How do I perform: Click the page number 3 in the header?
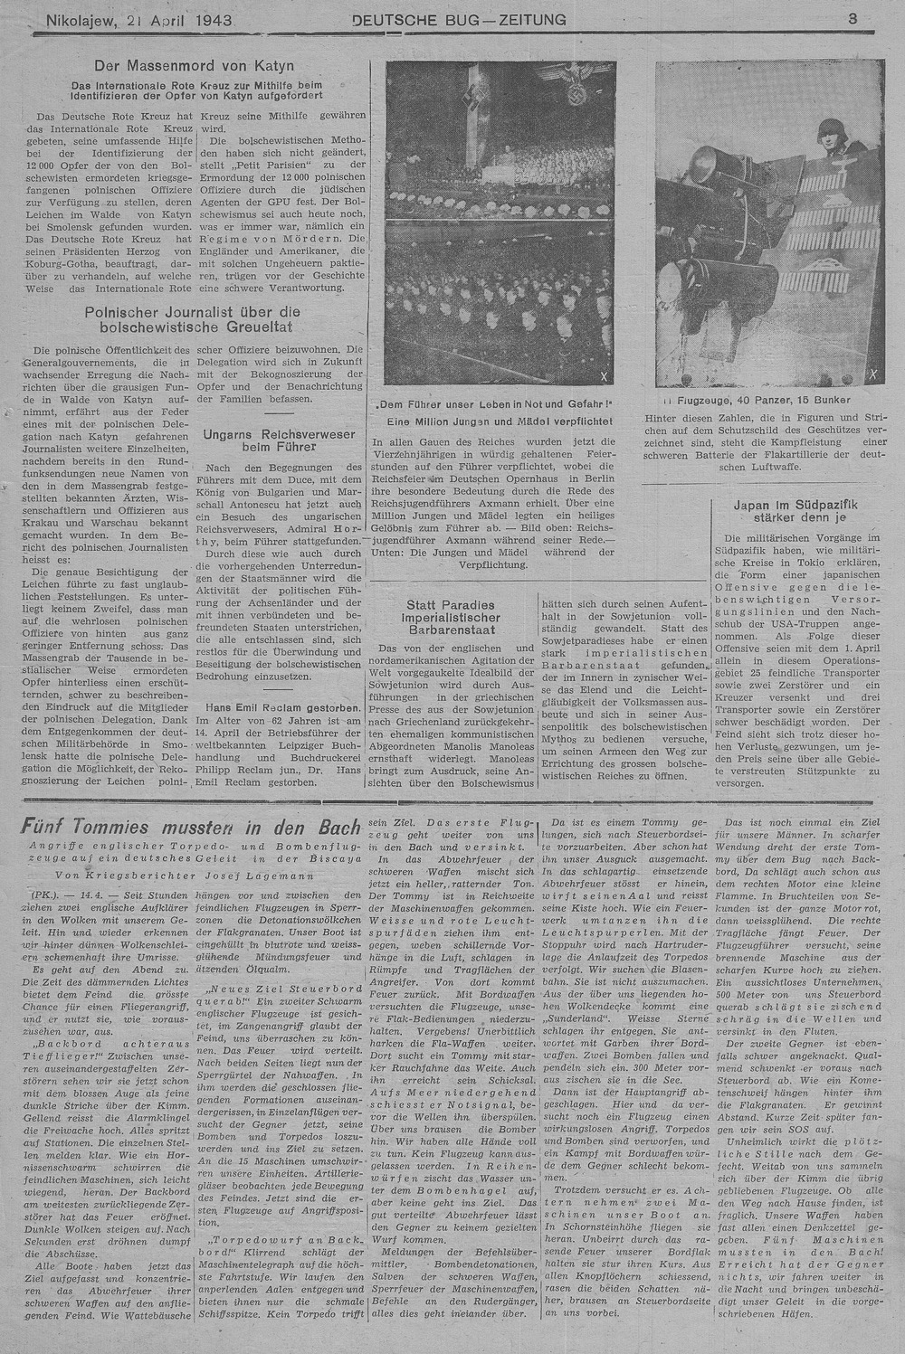click(853, 18)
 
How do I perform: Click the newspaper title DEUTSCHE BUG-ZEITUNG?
click(459, 19)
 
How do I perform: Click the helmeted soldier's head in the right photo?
click(830, 132)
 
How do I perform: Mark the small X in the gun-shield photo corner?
click(872, 373)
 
